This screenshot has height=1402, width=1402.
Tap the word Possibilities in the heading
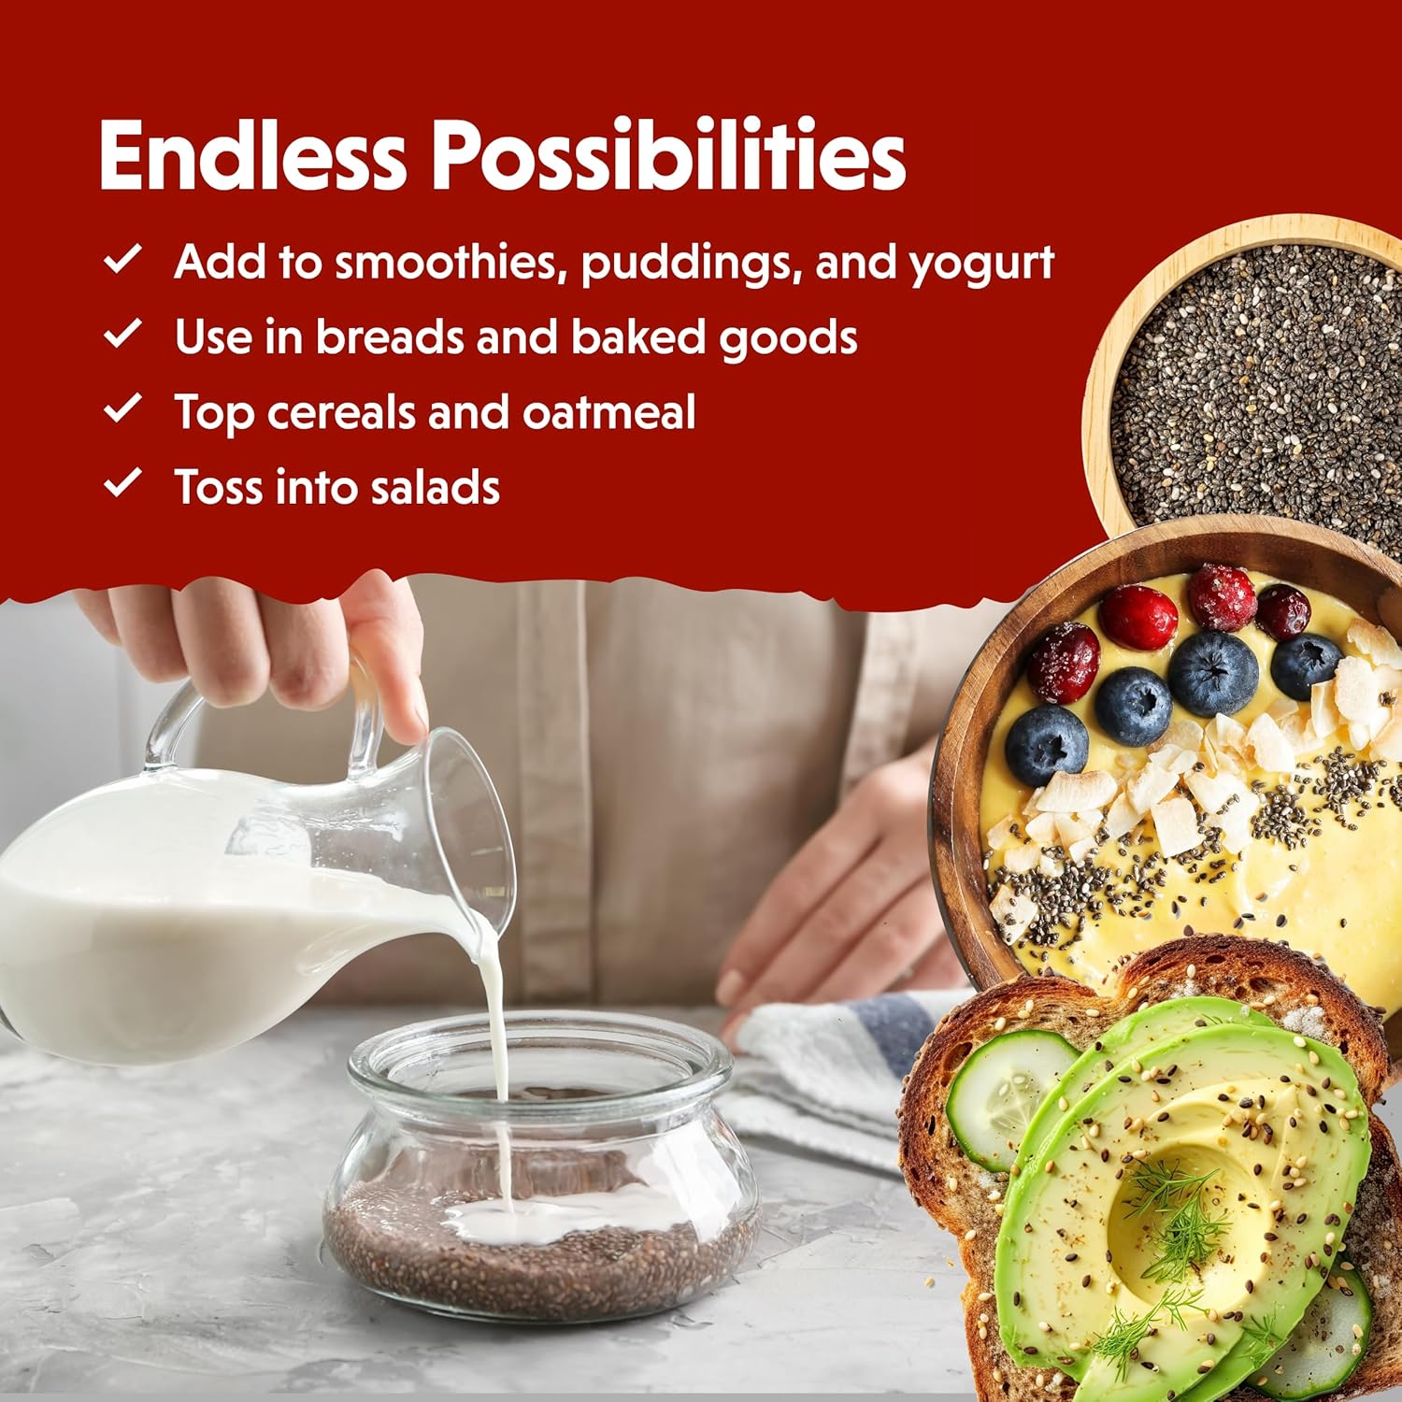[668, 155]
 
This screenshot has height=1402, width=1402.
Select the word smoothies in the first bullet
[451, 263]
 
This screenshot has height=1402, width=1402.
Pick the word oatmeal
[608, 413]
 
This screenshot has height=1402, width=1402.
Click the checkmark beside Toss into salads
[122, 483]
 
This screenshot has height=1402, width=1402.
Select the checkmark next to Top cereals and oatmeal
[122, 408]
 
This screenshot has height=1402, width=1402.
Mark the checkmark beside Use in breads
[122, 333]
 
